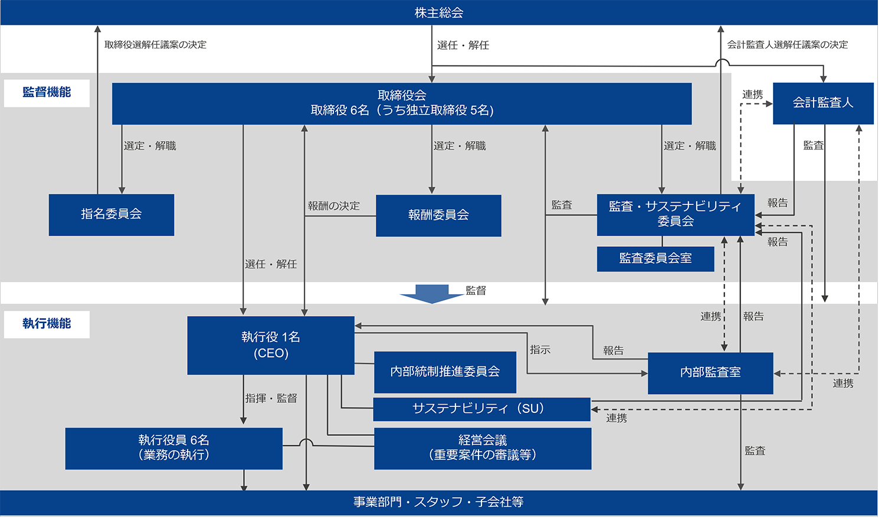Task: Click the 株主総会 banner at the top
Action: click(439, 12)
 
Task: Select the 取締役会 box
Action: click(402, 103)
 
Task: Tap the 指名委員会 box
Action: click(112, 214)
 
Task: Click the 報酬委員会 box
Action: click(438, 216)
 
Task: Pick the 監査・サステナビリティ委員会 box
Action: click(676, 214)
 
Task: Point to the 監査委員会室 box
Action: click(655, 259)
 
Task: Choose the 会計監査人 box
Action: click(823, 103)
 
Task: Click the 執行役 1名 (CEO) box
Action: click(271, 345)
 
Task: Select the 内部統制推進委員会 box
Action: click(445, 372)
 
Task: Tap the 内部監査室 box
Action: click(710, 373)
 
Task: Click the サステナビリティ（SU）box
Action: click(481, 409)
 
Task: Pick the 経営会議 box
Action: click(483, 448)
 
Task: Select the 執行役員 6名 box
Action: click(173, 448)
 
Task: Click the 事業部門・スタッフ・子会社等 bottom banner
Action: click(439, 502)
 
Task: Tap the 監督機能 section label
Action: click(47, 93)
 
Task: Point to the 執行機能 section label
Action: click(47, 324)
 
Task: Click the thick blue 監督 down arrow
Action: click(432, 294)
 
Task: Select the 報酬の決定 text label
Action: click(333, 206)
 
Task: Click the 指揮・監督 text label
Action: click(271, 399)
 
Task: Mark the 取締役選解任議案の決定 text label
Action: click(155, 45)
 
